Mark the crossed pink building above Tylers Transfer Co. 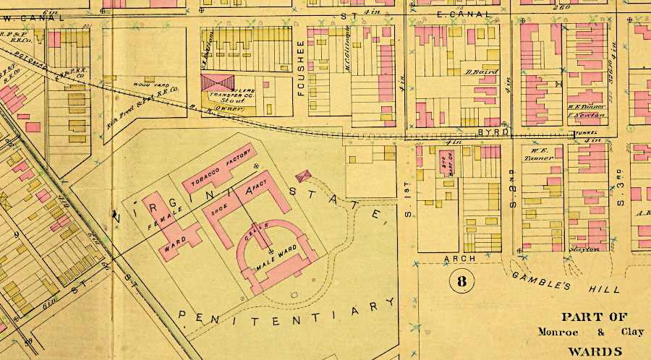tap(218, 82)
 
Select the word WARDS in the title tap(588, 349)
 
